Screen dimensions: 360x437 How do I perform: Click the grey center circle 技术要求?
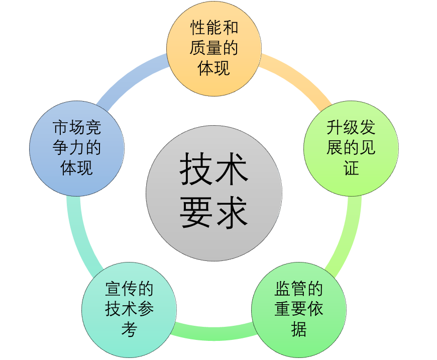[x=214, y=194]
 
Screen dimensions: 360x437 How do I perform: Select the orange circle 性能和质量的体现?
[x=214, y=48]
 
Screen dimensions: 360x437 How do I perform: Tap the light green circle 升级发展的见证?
[x=351, y=148]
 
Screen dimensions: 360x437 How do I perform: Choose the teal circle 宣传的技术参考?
[x=129, y=310]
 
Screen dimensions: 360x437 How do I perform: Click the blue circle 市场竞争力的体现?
[x=77, y=149]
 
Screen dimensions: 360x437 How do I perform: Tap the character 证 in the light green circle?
[x=351, y=168]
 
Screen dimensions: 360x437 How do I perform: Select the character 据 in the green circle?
[x=299, y=330]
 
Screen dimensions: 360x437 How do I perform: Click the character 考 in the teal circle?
[x=129, y=330]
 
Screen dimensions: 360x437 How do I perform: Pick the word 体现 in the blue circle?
[x=77, y=168]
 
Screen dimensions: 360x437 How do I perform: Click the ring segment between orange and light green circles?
[x=296, y=78]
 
